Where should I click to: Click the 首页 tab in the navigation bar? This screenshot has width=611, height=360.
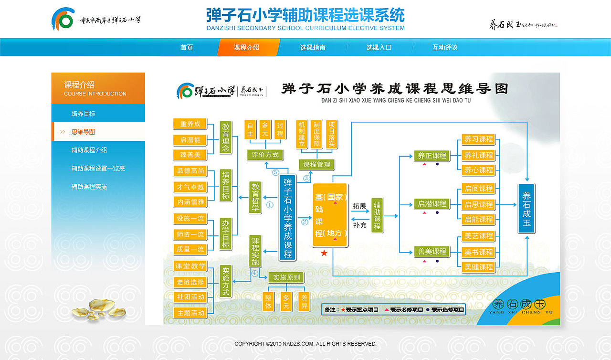pyautogui.click(x=187, y=48)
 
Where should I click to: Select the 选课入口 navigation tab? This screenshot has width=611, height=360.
pyautogui.click(x=379, y=48)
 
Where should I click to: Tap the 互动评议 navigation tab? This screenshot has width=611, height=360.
pyautogui.click(x=445, y=48)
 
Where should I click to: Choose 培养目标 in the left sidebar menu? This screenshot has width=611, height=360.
pyautogui.click(x=84, y=114)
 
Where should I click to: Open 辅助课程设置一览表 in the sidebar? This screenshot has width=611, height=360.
pyautogui.click(x=98, y=169)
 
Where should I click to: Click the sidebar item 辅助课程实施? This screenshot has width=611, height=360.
pyautogui.click(x=89, y=187)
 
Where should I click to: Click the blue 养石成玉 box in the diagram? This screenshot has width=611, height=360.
pyautogui.click(x=527, y=208)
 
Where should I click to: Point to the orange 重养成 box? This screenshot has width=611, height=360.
pyautogui.click(x=190, y=124)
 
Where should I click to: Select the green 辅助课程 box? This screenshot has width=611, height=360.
pyautogui.click(x=377, y=215)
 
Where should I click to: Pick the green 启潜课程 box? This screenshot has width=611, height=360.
pyautogui.click(x=432, y=204)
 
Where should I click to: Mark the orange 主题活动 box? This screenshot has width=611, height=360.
pyautogui.click(x=190, y=313)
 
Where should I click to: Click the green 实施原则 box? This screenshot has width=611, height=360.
pyautogui.click(x=285, y=277)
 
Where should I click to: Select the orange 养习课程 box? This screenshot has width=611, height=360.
pyautogui.click(x=479, y=139)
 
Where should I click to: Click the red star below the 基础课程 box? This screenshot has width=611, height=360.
pyautogui.click(x=324, y=253)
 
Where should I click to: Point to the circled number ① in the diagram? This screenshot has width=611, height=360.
pyautogui.click(x=270, y=205)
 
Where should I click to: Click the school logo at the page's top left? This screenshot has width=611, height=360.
pyautogui.click(x=63, y=20)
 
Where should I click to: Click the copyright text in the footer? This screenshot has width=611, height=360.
pyautogui.click(x=305, y=344)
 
